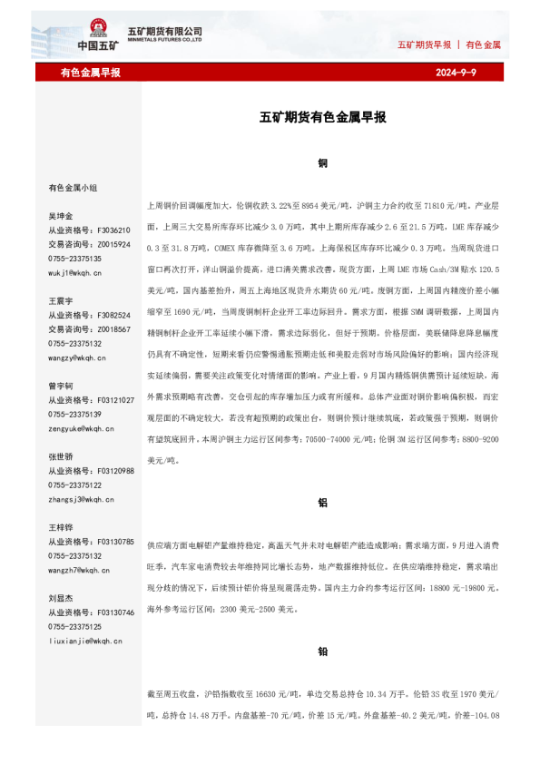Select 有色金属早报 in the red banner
90,73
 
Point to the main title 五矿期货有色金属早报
323,118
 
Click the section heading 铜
323,163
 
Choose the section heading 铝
323,502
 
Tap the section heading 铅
323,651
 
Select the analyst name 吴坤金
61,217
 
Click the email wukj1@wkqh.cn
75,272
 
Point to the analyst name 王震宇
61,300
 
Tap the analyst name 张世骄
61,457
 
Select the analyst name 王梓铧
61,527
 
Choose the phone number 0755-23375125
75,626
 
